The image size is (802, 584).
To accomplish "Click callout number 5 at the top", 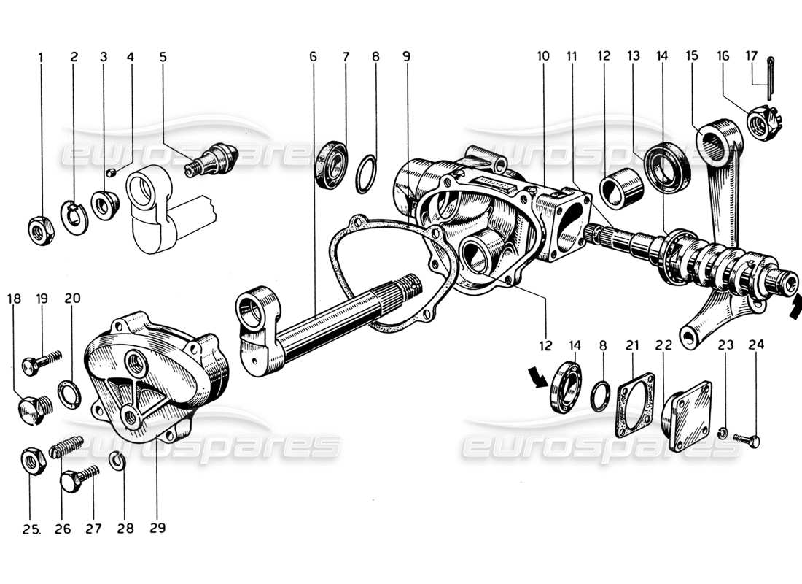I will coord(163,56).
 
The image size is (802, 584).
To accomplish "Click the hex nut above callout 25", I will coord(32,462).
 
